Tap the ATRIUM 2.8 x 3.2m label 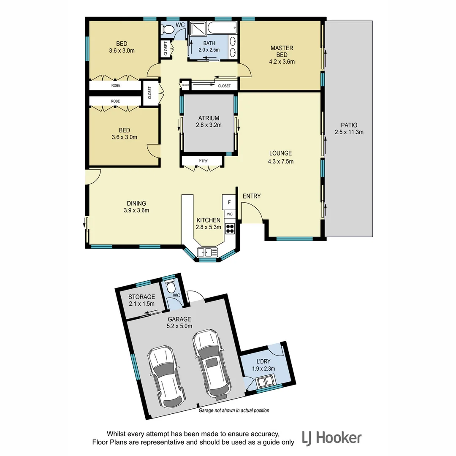[x=209, y=122]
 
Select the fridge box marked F [x=229, y=202]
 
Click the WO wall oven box [x=229, y=214]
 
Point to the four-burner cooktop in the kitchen [x=230, y=228]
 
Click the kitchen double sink [x=207, y=252]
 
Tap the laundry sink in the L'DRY [x=266, y=382]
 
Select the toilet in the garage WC [x=171, y=288]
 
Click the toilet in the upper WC [x=168, y=29]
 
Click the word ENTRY [x=251, y=196]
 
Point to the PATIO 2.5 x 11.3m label [x=349, y=128]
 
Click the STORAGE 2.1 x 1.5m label [x=141, y=300]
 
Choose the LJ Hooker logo [x=331, y=438]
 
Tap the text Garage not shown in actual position [x=233, y=410]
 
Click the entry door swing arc [x=252, y=211]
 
